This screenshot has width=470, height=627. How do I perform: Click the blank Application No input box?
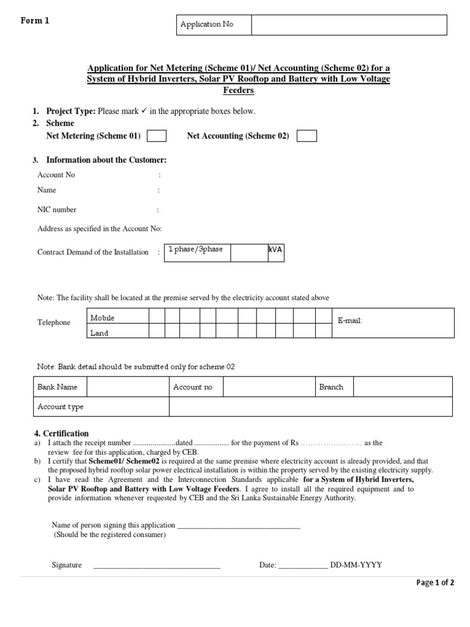click(x=348, y=25)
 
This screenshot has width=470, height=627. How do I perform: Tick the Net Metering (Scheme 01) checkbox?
click(x=157, y=136)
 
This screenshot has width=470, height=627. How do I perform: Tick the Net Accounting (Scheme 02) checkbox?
click(x=307, y=136)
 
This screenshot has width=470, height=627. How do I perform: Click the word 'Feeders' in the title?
click(x=238, y=90)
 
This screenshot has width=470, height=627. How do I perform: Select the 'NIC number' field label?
click(x=57, y=209)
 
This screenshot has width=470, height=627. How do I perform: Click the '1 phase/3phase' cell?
click(x=197, y=250)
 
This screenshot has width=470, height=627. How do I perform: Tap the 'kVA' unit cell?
click(x=275, y=250)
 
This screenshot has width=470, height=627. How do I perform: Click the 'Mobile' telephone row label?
click(x=103, y=318)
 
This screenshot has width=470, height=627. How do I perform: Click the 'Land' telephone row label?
click(x=100, y=332)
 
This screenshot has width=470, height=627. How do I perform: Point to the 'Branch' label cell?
click(x=331, y=387)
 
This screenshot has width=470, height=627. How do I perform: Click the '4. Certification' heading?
click(x=61, y=433)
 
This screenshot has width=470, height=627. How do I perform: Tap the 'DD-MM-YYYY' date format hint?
click(x=356, y=565)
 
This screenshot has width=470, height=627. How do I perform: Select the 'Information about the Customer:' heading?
click(x=106, y=160)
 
